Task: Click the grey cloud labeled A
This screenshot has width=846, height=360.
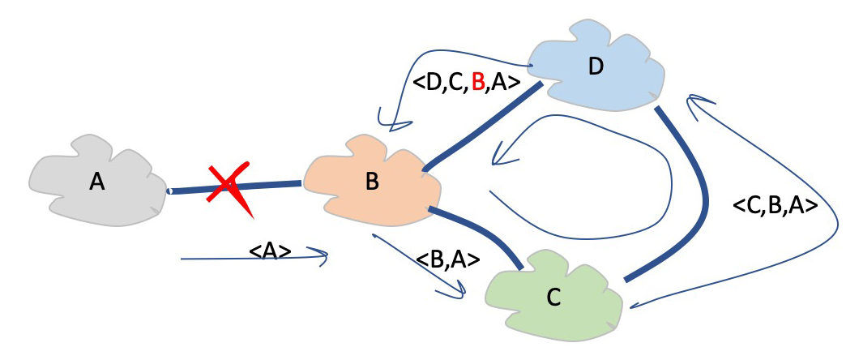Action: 97,183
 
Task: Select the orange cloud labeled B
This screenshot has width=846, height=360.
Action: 372,183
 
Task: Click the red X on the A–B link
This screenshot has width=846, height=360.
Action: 231,188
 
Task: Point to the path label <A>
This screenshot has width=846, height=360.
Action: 271,251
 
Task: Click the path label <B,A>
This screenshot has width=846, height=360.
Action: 447,260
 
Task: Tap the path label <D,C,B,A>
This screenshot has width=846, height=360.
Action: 465,83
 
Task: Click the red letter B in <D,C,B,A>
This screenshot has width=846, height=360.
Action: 477,83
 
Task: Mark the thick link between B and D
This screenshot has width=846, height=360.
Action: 482,126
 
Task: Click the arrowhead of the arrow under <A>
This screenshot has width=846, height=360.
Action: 323,258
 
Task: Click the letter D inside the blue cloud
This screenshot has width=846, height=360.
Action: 596,66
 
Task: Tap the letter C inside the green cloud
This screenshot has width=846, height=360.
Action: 553,298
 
